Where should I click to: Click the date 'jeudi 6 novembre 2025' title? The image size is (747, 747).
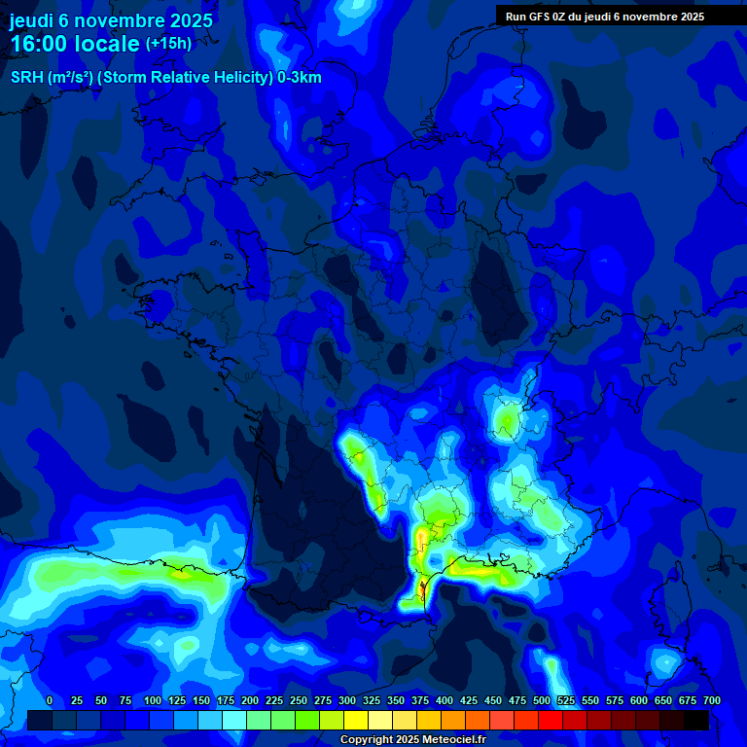pyautogui.click(x=111, y=20)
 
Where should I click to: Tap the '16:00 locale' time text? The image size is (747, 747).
pyautogui.click(x=75, y=44)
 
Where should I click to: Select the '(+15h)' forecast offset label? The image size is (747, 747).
pyautogui.click(x=169, y=44)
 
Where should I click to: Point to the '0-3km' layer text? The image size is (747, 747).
pyautogui.click(x=299, y=78)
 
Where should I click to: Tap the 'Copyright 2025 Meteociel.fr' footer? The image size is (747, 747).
pyautogui.click(x=411, y=739)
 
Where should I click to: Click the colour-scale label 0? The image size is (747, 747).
pyautogui.click(x=50, y=700)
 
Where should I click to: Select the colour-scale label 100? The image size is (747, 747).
pyautogui.click(x=153, y=700)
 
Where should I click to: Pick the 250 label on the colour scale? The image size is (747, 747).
pyautogui.click(x=299, y=700)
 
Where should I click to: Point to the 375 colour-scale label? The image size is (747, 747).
pyautogui.click(x=420, y=700)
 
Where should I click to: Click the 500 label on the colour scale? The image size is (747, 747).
pyautogui.click(x=542, y=700)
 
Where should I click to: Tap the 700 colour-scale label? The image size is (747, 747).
pyautogui.click(x=712, y=700)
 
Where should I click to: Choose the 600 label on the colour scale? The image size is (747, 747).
pyautogui.click(x=639, y=700)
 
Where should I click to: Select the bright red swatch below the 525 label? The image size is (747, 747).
pyautogui.click(x=551, y=721)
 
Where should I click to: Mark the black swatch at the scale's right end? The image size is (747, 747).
pyautogui.click(x=696, y=721)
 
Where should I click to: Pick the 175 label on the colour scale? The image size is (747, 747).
pyautogui.click(x=226, y=700)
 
